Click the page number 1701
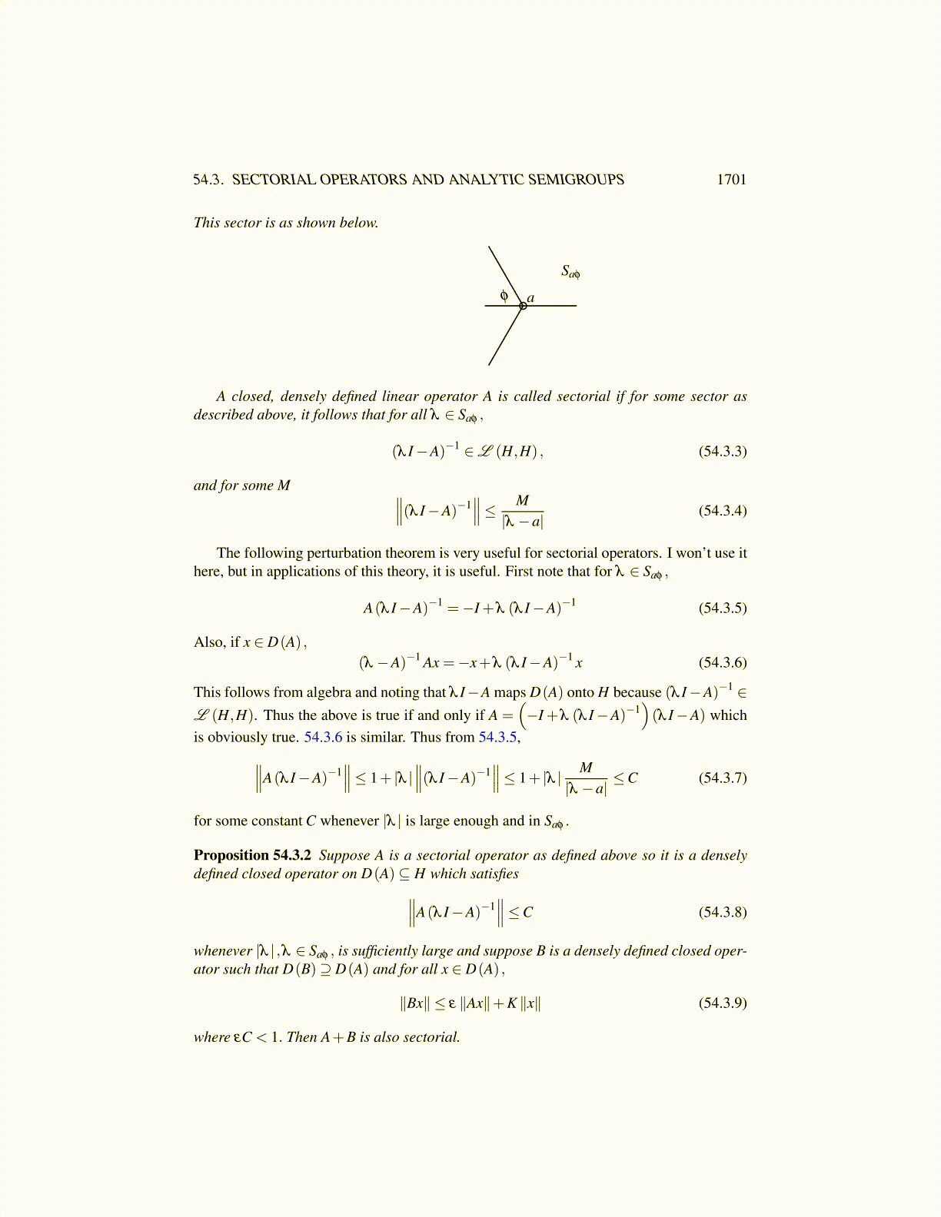pos(731,180)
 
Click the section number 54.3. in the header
pos(208,180)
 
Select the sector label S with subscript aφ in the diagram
pos(570,271)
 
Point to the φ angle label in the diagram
pos(504,295)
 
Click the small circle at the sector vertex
pos(523,306)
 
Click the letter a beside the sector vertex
pos(530,298)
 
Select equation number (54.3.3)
pos(722,451)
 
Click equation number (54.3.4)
pos(722,511)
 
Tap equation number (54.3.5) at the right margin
pos(722,608)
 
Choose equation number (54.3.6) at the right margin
pos(722,662)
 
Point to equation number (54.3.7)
pos(722,778)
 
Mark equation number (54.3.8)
pos(722,912)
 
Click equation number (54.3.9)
pos(722,1003)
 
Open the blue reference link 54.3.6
pos(323,738)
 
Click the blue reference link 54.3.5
pos(497,738)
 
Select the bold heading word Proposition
pos(231,855)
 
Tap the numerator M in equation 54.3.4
pos(522,501)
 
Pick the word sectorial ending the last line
pos(431,1037)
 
